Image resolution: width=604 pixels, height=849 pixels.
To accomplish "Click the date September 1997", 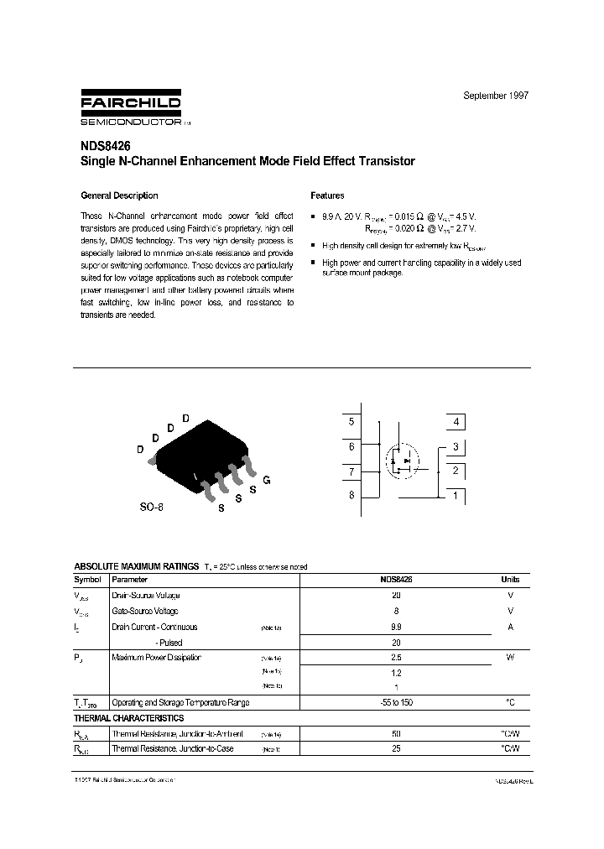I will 496,96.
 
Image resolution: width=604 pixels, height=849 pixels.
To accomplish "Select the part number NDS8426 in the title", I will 101,146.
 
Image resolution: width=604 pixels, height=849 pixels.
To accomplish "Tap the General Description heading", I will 119,195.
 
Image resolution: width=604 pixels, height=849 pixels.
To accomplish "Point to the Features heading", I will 327,195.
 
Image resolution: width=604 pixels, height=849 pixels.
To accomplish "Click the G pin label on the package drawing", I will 266,480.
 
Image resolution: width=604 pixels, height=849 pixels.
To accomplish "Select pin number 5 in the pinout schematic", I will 351,422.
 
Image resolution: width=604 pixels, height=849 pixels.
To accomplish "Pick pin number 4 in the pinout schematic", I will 456,422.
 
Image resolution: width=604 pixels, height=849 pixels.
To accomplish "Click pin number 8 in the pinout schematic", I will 351,495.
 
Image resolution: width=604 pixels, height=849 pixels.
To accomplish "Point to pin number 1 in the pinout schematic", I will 456,495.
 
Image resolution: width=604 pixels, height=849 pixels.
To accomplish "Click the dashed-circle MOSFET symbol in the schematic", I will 402,459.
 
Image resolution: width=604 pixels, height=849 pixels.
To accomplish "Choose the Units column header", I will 510,580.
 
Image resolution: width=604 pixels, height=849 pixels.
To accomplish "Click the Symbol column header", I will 88,580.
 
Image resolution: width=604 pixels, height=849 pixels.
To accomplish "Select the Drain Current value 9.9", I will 396,627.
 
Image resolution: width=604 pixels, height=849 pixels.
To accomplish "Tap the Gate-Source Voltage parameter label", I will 144,612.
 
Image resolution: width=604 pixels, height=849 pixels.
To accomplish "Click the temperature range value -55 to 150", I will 396,702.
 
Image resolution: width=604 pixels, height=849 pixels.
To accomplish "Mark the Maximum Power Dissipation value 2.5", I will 396,658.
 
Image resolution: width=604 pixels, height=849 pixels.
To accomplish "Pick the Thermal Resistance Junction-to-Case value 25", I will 396,748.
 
